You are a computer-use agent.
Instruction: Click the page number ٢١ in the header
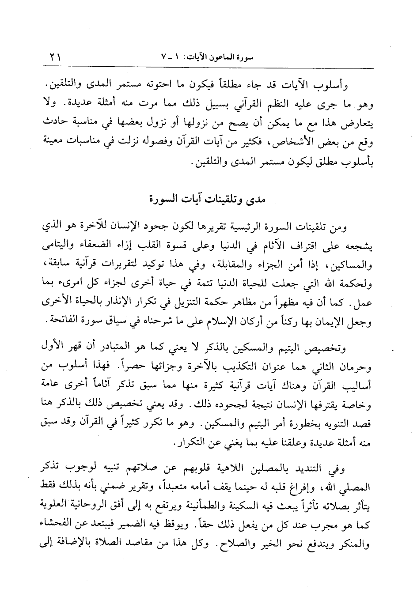56,57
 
